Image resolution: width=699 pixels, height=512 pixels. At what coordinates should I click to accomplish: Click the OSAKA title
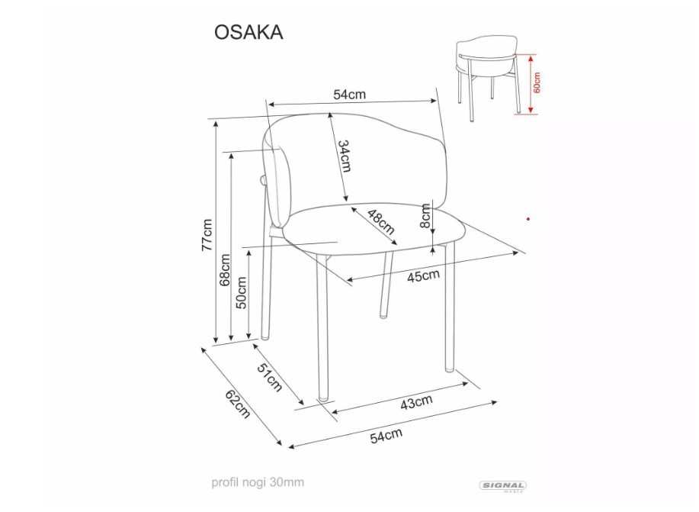point(248,32)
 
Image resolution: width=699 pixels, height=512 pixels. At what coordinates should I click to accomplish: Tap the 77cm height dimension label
point(207,235)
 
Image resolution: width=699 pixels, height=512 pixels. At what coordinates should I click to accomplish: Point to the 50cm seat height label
point(241,292)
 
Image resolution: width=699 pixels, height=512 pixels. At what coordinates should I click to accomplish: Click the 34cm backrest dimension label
point(344,156)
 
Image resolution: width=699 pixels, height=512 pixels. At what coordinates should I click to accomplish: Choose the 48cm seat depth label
point(381,222)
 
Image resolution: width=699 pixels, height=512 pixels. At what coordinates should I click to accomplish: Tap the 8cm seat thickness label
point(426,216)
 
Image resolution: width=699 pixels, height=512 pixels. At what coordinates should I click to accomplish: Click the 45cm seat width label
point(423,275)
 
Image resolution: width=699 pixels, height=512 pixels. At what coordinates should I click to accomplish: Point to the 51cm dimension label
point(270,377)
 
